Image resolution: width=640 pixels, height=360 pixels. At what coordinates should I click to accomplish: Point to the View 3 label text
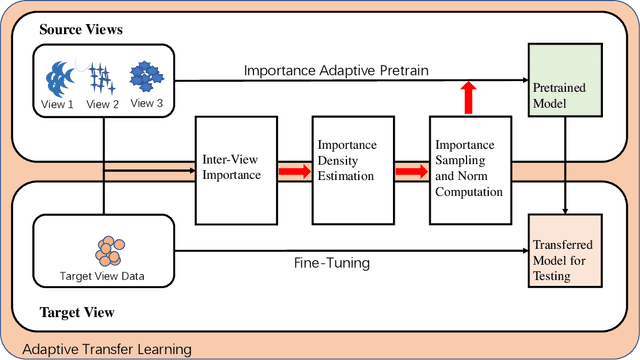[x=147, y=103]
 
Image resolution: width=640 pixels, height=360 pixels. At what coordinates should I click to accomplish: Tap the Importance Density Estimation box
[x=352, y=169]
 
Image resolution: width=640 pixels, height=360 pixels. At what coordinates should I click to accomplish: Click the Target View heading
[x=74, y=311]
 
